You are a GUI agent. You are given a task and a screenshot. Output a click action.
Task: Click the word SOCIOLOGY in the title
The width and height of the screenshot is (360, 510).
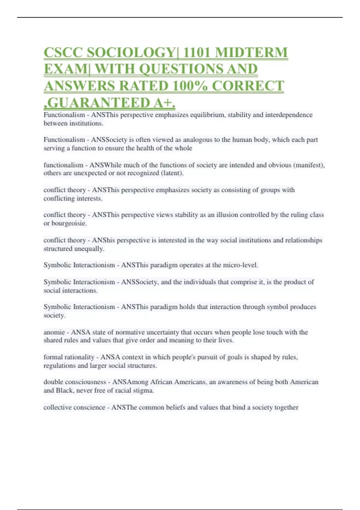130,53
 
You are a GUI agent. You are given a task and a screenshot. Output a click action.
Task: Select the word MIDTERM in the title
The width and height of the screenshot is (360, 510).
251,53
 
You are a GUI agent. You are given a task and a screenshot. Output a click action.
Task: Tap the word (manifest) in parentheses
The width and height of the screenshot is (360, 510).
309,165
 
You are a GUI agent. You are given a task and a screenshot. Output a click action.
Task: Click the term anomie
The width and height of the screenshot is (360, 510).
54,332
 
